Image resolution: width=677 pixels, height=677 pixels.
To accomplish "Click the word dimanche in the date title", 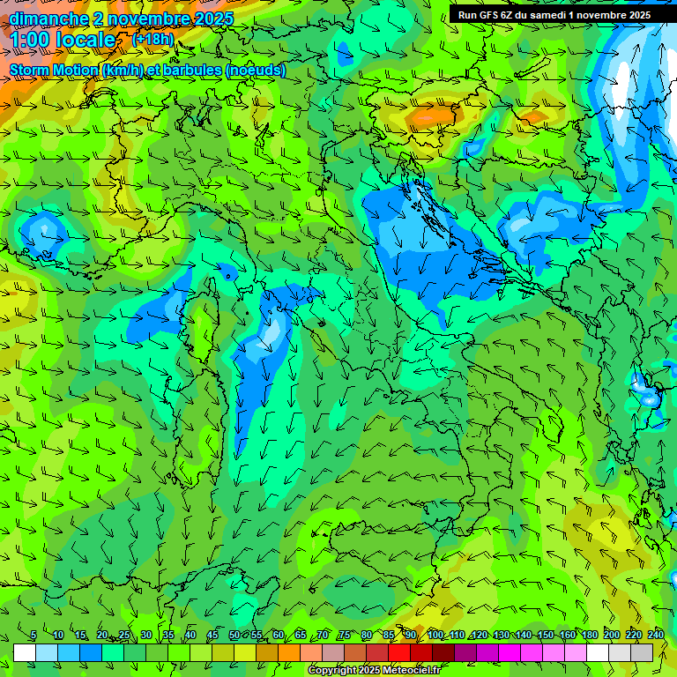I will click(48, 18).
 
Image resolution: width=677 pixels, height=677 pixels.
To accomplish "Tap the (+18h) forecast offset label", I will click(153, 39).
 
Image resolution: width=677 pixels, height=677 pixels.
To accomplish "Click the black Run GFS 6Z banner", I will click(554, 14).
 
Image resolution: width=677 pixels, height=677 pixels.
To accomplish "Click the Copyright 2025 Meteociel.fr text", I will click(373, 670).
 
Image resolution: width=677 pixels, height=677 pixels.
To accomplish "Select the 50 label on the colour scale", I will click(234, 635).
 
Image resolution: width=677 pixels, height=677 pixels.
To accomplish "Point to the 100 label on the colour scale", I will click(435, 635).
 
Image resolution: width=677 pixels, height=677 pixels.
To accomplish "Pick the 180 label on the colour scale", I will click(588, 635).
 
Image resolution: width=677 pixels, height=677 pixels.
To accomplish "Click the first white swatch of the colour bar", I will click(25, 652).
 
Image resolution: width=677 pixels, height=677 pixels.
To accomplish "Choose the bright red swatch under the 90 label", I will click(399, 652).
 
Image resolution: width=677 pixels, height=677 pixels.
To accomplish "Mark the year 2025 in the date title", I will click(212, 18).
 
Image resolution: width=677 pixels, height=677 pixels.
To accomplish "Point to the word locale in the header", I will click(85, 40).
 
